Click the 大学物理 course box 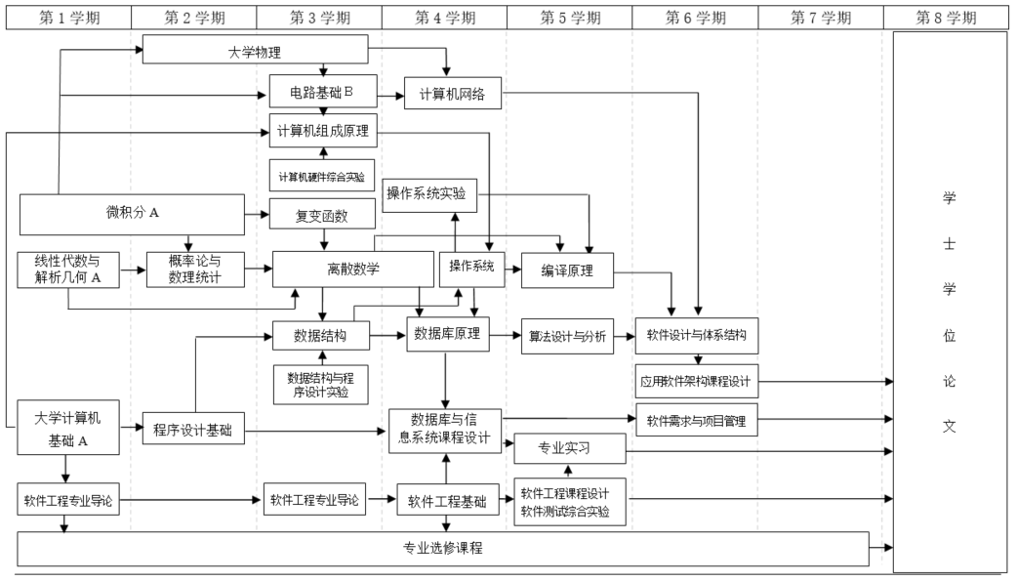coord(255,50)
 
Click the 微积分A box coord(133,214)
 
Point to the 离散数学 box coord(353,270)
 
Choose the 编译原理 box coord(567,270)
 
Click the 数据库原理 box coord(447,335)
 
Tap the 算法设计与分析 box coord(567,336)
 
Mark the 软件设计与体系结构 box coord(697,335)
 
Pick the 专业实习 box coord(567,449)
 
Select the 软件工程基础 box coord(448,501)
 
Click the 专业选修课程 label coord(443,549)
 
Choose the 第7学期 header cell coord(820,17)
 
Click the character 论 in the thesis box coord(947,381)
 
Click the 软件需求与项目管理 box coord(696,421)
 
